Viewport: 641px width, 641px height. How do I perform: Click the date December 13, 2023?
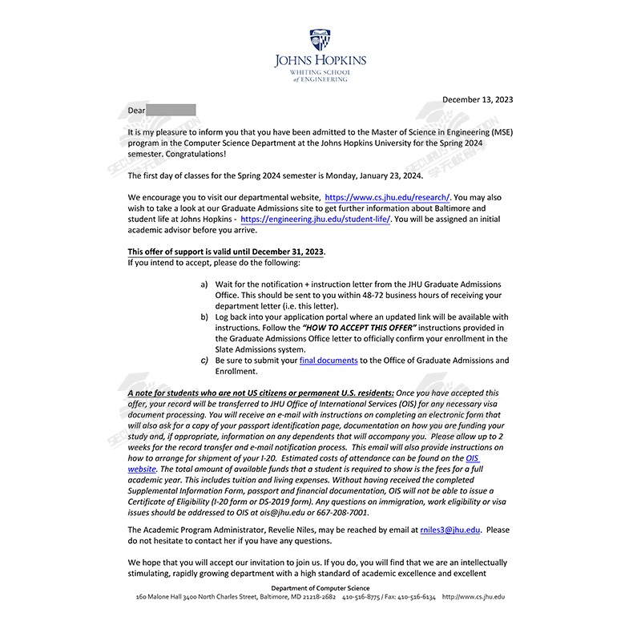pos(478,99)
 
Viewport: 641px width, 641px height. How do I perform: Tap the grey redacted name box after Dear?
pos(171,110)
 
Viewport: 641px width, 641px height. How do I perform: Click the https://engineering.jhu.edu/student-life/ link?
pos(315,219)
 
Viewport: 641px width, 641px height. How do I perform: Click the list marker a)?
pos(204,284)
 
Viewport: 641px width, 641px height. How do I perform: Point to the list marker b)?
pos(204,317)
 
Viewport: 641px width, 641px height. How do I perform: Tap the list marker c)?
pos(204,361)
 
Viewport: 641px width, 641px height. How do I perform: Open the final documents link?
pos(329,361)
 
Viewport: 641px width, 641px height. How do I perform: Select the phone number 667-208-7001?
pos(343,513)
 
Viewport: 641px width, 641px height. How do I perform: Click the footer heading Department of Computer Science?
pos(320,589)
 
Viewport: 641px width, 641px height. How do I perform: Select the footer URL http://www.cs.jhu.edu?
pos(473,598)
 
